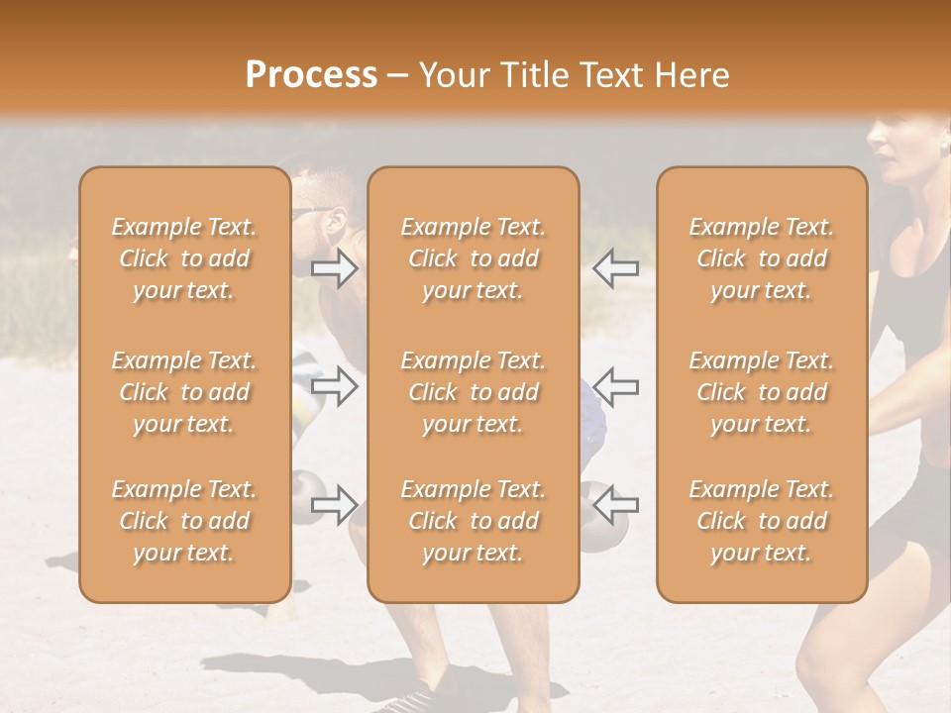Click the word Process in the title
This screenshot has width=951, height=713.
(x=311, y=75)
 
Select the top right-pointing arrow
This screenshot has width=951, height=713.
(x=335, y=268)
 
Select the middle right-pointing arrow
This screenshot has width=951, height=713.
(x=335, y=386)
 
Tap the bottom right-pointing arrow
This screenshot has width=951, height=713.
(x=335, y=505)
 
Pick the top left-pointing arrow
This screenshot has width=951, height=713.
(x=616, y=268)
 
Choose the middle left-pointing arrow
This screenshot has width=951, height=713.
(x=616, y=386)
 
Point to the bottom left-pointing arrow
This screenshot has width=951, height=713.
(x=616, y=505)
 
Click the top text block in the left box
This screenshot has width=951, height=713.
(x=184, y=258)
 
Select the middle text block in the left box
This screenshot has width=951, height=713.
(x=184, y=392)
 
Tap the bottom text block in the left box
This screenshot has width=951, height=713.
(x=184, y=521)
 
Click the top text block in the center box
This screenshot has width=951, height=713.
(x=473, y=258)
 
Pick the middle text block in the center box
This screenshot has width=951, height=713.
(x=473, y=392)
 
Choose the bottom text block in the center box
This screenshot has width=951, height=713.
(x=473, y=521)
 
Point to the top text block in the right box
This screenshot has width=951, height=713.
(x=761, y=258)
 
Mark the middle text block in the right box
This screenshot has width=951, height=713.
(x=761, y=392)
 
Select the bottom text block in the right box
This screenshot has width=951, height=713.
(x=761, y=521)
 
